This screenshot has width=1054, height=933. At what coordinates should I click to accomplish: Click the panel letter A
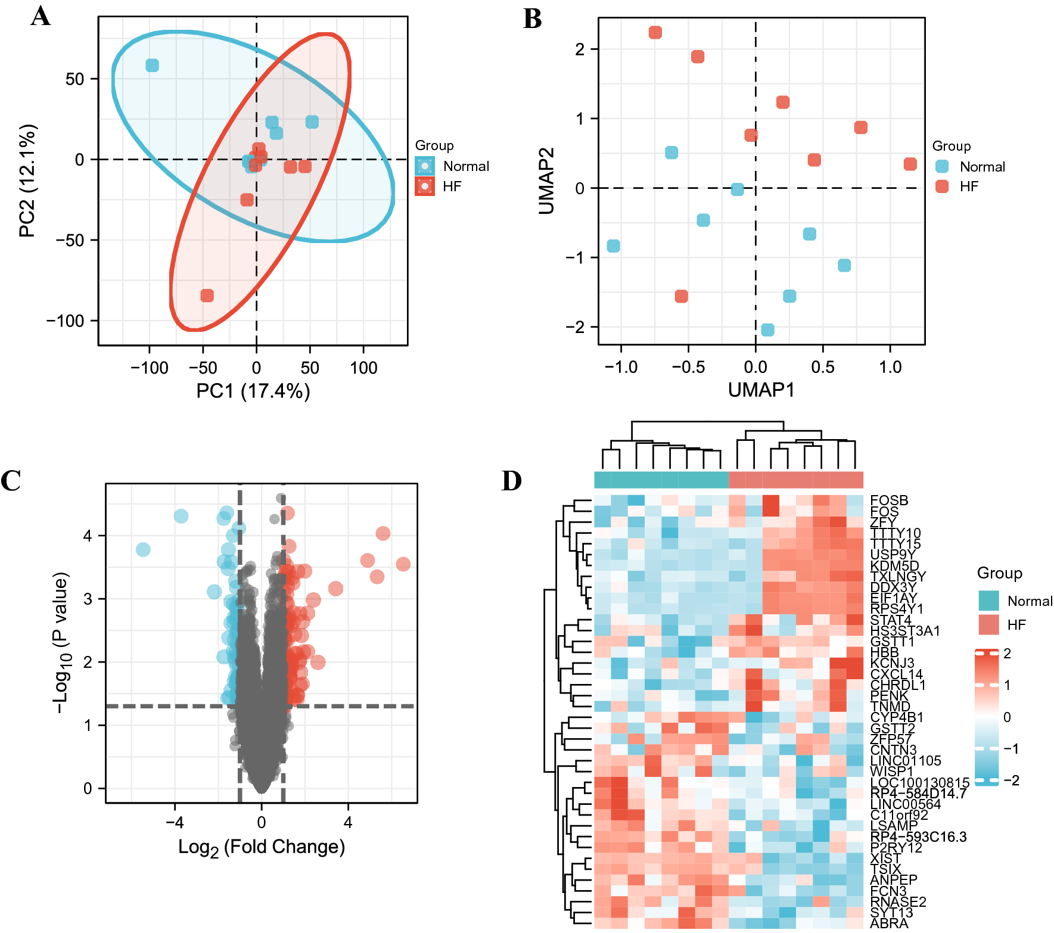(41, 16)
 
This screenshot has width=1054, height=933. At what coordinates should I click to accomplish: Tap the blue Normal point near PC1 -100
(153, 65)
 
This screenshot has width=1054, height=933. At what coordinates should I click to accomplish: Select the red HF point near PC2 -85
(207, 296)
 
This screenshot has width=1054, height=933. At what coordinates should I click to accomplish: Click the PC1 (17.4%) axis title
(253, 391)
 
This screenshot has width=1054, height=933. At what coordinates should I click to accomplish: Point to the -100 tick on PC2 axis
(66, 321)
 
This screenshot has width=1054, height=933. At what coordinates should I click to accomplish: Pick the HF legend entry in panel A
(452, 186)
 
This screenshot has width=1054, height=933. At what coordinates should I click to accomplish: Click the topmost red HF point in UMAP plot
(655, 32)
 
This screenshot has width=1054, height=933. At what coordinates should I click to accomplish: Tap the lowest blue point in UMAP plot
(767, 329)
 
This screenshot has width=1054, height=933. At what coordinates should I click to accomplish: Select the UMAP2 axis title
(546, 181)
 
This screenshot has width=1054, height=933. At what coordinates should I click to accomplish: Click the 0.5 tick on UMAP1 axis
(822, 367)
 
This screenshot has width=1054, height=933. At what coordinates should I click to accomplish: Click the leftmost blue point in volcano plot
(143, 549)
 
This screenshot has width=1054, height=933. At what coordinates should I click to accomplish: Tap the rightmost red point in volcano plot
(403, 564)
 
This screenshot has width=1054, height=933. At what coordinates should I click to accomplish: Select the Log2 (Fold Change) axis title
(262, 847)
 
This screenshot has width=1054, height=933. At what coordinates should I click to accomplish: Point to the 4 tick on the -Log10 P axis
(88, 536)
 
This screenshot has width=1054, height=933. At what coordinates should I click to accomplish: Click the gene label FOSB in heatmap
(889, 500)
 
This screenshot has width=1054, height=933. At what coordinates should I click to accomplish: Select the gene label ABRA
(889, 923)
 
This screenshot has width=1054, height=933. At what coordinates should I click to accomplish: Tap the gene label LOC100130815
(919, 782)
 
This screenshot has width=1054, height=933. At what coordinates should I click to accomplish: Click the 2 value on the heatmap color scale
(1007, 653)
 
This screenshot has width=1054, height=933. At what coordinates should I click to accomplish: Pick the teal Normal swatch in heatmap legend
(988, 601)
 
